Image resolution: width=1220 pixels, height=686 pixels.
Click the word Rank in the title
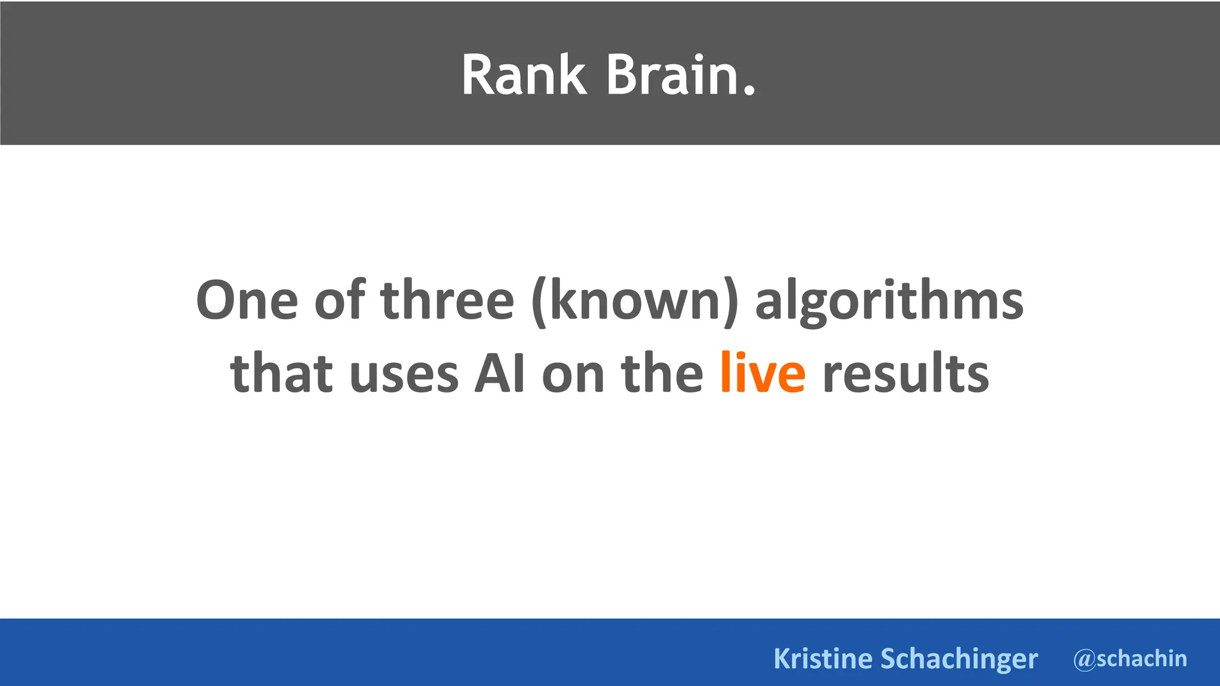[524, 75]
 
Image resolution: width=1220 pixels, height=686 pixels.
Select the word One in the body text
[247, 301]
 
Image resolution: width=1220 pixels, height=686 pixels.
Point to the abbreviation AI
[500, 374]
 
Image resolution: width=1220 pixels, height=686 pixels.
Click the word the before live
[662, 374]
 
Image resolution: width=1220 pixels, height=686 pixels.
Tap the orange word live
[762, 373]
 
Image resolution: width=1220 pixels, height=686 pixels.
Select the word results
[905, 374]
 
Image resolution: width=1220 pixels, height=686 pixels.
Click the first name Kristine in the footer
[823, 659]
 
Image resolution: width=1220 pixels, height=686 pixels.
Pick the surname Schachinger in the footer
[959, 659]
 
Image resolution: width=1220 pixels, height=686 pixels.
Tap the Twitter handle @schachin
[1130, 659]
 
